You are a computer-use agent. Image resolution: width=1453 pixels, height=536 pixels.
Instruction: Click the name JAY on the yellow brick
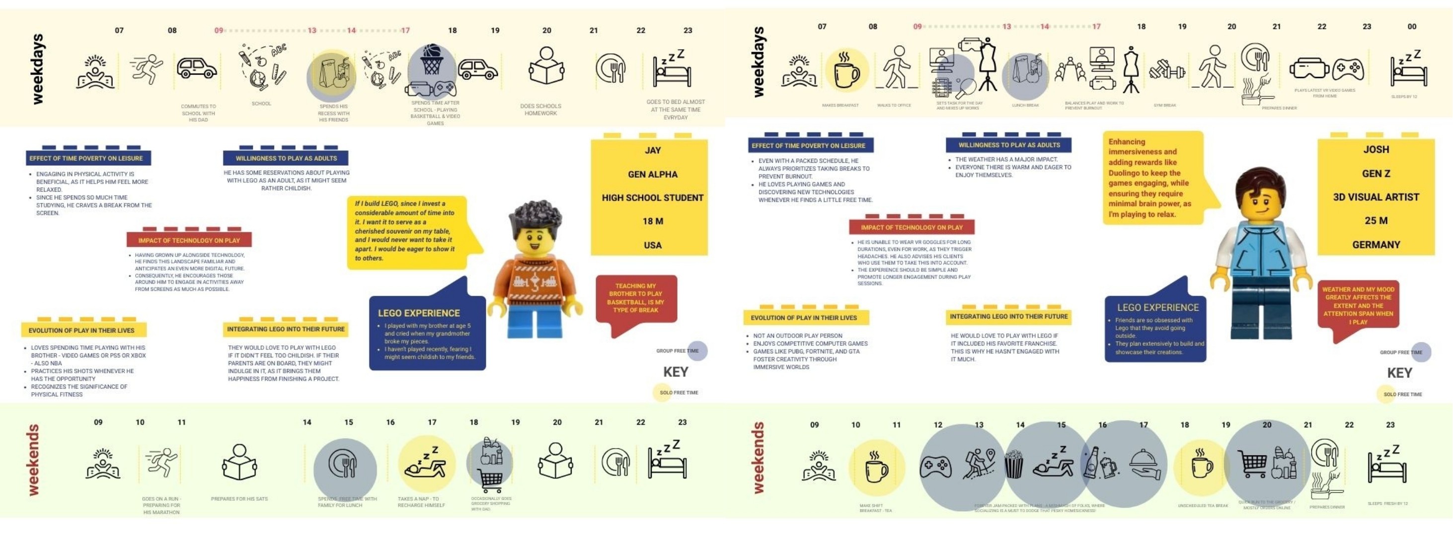pos(653,150)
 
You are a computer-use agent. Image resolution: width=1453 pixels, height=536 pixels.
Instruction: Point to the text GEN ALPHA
pos(653,174)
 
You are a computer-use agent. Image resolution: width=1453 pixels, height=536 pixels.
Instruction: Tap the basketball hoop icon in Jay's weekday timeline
pos(432,60)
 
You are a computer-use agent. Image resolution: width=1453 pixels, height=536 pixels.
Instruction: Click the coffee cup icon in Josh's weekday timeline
pos(846,71)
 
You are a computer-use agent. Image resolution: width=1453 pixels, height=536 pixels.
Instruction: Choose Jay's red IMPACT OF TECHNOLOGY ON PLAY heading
pos(189,241)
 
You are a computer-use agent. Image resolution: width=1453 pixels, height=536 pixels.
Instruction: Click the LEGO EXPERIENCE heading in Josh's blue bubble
pos(1157,308)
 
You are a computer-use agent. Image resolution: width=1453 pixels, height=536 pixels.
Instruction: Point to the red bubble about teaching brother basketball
pos(636,299)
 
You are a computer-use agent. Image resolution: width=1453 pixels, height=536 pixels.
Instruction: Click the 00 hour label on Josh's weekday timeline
pos(1411,26)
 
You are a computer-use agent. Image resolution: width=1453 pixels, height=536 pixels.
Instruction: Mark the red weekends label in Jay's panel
pos(34,460)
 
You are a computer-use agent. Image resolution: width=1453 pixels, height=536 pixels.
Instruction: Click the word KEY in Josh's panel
pos(1399,373)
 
